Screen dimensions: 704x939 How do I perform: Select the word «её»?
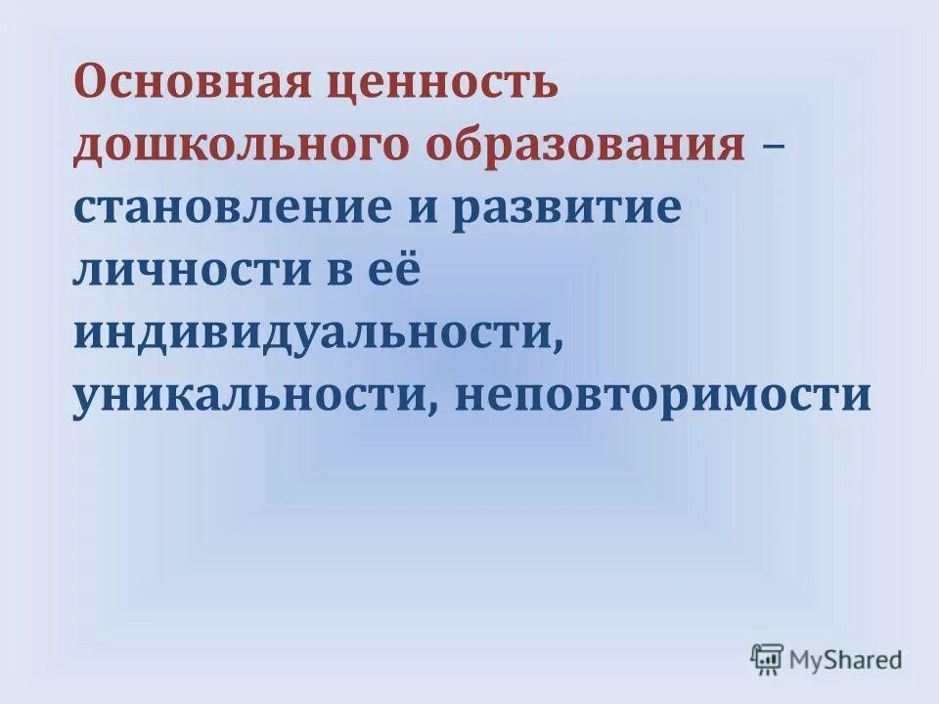tap(396, 271)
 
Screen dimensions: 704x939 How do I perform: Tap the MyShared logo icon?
tap(768, 659)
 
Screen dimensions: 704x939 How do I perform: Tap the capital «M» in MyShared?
tap(806, 659)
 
